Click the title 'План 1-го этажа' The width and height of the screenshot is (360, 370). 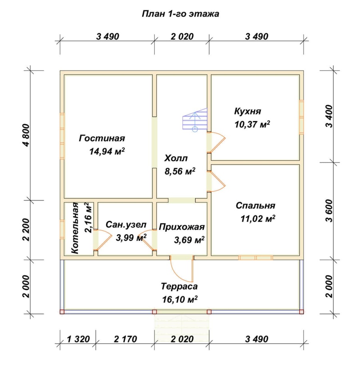point(180,14)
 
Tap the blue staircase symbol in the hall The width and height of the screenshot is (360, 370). point(195,120)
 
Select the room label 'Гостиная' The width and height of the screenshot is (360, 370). point(102,138)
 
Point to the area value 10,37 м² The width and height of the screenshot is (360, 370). point(252,124)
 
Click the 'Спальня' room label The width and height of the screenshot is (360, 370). point(255,205)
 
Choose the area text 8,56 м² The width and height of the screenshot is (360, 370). point(180,171)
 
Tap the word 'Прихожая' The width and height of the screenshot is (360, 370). point(182,227)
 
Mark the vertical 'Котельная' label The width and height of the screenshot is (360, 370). point(75,228)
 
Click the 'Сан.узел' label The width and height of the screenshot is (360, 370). point(126,225)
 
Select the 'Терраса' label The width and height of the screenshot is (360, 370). point(179,286)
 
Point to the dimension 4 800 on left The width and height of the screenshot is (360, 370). point(27,135)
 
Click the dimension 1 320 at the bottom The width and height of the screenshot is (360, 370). point(78,339)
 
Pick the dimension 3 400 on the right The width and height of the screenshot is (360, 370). point(329,116)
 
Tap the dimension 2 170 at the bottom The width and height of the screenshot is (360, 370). point(126,339)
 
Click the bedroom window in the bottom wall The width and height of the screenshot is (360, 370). point(256,258)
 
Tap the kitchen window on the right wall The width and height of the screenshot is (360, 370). point(302,117)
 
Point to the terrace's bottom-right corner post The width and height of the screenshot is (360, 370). point(302,312)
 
